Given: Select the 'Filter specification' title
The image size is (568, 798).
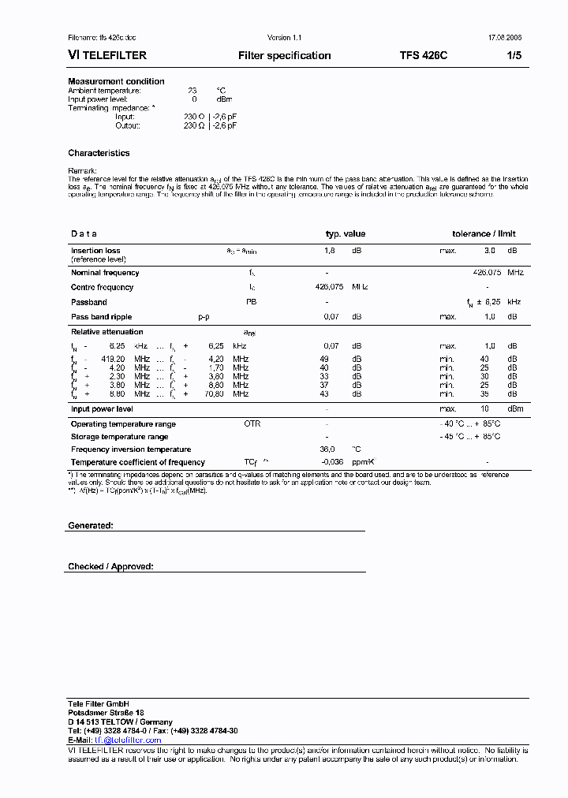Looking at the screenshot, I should [x=284, y=55].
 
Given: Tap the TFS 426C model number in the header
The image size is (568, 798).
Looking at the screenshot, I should [x=423, y=55].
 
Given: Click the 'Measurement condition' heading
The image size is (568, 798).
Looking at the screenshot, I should [x=116, y=81].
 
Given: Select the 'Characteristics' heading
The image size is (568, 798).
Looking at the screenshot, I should [x=99, y=153].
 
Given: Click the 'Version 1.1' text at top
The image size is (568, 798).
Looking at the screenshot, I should [x=284, y=37].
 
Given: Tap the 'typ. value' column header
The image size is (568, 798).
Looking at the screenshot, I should [x=346, y=233].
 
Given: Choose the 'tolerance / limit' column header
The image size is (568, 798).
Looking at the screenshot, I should [x=484, y=233].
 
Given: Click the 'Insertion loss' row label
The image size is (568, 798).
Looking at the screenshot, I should [x=95, y=251].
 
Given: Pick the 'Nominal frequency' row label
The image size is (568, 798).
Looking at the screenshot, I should [x=105, y=273].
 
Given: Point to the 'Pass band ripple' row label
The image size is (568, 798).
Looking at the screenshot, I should [x=102, y=316].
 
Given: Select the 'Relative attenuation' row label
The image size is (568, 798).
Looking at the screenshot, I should [x=106, y=332].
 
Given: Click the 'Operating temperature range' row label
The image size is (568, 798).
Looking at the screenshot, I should [x=123, y=424].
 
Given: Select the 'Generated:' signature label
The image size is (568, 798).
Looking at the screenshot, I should [x=90, y=525].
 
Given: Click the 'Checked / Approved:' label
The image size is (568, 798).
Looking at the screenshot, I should [x=110, y=566].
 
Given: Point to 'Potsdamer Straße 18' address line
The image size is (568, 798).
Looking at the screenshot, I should [x=106, y=712].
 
